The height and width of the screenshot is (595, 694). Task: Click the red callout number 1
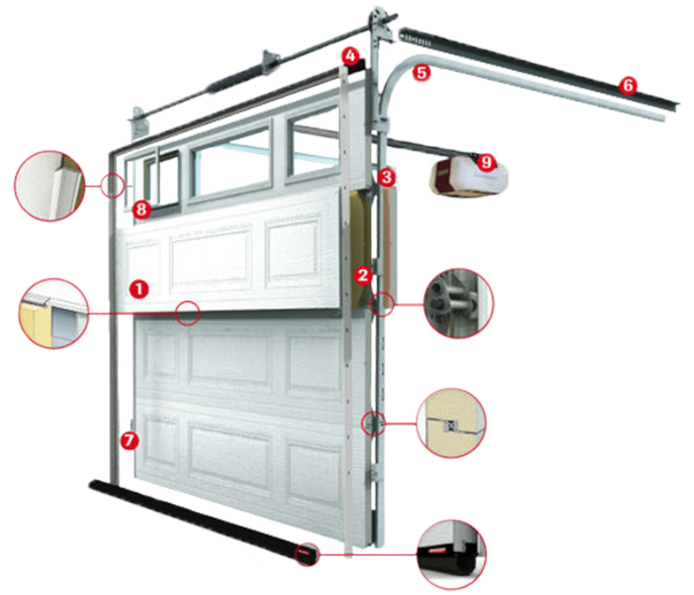pos(139,289)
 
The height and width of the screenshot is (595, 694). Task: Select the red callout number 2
pos(363,275)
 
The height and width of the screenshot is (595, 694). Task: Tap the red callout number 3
pos(387,177)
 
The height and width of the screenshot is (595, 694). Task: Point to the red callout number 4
pos(351,57)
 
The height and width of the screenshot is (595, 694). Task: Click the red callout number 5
pos(421,73)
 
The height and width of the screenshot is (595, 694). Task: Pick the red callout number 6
pos(628,85)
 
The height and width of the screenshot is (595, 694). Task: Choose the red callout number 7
pos(129,441)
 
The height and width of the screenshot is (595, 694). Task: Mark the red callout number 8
pos(142,209)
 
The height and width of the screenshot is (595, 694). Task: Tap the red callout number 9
pos(487,162)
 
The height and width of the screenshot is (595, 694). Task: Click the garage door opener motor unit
pos(468,175)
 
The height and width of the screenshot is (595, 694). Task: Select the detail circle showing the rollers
pos(459,304)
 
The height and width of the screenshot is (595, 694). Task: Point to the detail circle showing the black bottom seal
pos(451,554)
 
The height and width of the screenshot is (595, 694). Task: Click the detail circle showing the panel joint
pos(451,423)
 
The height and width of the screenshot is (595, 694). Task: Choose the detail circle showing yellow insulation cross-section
pos(53,313)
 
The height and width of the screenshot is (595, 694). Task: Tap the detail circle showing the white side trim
pos(50,186)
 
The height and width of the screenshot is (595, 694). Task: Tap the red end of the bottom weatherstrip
pos(306,554)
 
